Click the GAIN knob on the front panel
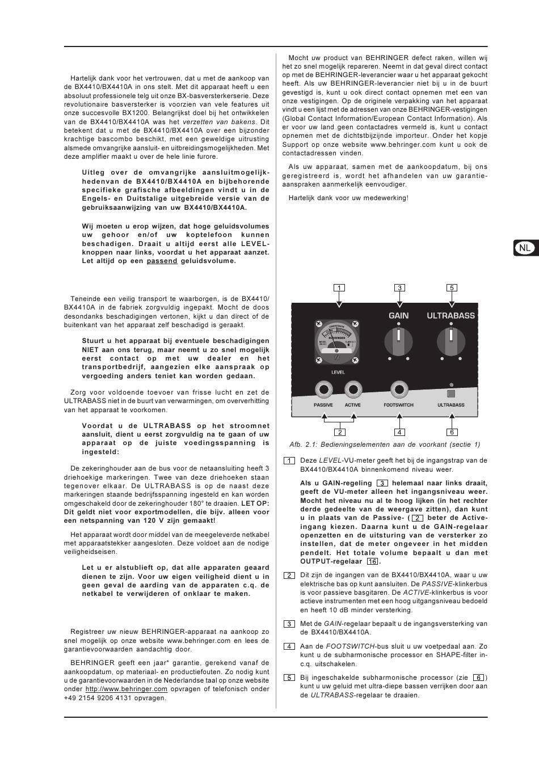click(x=399, y=342)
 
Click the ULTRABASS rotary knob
click(x=451, y=342)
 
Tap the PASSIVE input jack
click(x=323, y=390)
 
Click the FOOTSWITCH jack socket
click(x=399, y=390)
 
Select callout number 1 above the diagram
click(x=339, y=288)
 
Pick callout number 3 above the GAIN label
click(x=399, y=288)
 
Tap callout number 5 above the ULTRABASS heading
click(x=452, y=288)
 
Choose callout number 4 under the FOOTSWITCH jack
click(x=399, y=432)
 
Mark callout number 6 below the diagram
click(x=452, y=432)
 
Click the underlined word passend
click(x=162, y=261)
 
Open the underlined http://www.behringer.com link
click(x=126, y=689)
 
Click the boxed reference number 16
click(x=372, y=561)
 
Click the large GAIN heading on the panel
click(x=399, y=316)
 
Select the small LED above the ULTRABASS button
click(x=451, y=384)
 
